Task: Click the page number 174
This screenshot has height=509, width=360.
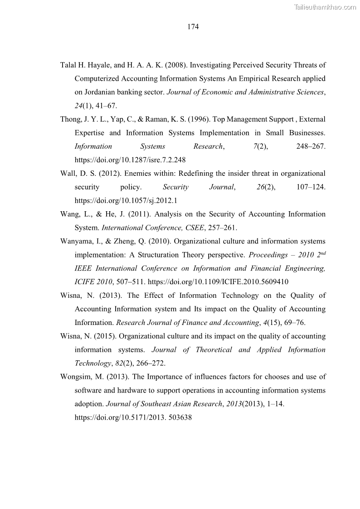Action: (x=193, y=27)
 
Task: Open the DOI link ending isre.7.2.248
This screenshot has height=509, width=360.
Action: (x=130, y=160)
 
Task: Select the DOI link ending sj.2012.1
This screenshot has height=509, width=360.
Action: (x=126, y=201)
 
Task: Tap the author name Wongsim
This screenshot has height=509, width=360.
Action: (x=76, y=377)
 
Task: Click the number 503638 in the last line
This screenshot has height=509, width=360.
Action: (x=179, y=418)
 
